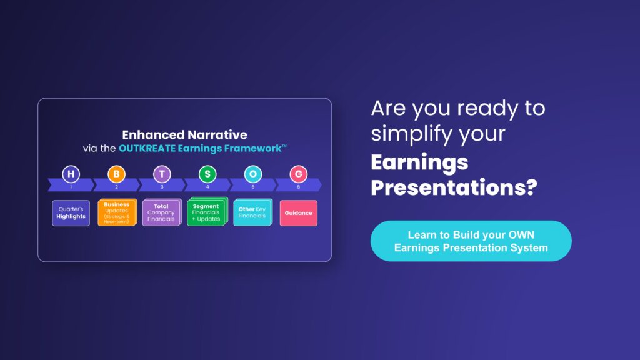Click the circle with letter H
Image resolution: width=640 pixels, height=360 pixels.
click(71, 174)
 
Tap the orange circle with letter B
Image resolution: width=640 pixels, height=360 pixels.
click(116, 174)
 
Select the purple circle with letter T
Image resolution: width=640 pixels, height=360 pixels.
click(162, 174)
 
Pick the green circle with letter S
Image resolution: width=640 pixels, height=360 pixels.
click(207, 174)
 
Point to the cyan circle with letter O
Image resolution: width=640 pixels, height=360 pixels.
click(253, 174)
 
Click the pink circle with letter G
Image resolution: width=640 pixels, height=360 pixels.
click(298, 174)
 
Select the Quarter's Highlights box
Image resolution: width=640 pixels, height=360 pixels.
click(71, 212)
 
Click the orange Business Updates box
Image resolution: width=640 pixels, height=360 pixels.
click(117, 212)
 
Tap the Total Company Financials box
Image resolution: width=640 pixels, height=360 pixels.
click(162, 212)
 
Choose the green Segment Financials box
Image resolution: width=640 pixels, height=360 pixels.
click(207, 212)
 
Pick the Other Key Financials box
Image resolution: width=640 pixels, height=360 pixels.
click(252, 212)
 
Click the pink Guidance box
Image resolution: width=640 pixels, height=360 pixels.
click(298, 212)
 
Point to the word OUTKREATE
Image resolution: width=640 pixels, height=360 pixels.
click(147, 148)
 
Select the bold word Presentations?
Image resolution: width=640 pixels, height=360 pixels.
click(454, 187)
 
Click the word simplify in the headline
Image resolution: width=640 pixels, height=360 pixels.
click(411, 134)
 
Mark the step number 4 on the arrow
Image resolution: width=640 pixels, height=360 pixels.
click(207, 187)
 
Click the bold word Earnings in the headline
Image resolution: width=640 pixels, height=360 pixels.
click(419, 163)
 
